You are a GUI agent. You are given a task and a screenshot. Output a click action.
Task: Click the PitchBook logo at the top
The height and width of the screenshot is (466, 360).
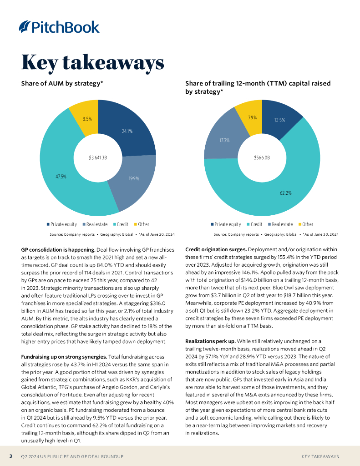(59, 27)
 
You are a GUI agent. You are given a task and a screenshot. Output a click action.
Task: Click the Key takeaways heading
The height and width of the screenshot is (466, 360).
(92, 62)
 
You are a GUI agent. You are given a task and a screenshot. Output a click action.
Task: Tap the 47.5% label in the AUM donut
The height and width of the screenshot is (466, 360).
(61, 176)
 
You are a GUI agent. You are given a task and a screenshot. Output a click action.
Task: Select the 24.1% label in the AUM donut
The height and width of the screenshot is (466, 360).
(127, 131)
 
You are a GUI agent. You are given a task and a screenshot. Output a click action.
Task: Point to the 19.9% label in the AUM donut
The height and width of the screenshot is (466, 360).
(134, 178)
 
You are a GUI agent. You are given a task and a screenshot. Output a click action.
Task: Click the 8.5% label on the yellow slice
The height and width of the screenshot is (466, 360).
(87, 119)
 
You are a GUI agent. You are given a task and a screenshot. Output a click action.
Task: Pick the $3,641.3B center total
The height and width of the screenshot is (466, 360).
(98, 158)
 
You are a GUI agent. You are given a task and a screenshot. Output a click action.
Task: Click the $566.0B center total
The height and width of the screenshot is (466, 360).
(262, 158)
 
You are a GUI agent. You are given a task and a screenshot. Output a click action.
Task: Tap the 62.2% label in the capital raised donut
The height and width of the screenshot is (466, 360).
(285, 193)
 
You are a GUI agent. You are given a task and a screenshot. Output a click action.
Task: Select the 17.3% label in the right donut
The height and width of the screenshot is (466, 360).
(224, 140)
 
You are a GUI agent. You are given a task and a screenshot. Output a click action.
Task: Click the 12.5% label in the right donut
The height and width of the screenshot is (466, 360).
(279, 120)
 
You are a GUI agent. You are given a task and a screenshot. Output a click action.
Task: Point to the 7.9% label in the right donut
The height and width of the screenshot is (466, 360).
(252, 117)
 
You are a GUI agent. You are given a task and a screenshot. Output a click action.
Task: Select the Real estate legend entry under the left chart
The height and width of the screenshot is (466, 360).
(95, 224)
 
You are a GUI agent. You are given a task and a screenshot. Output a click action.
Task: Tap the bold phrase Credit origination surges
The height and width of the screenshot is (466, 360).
(216, 250)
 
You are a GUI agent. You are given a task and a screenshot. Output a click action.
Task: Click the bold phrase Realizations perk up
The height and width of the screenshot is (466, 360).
(210, 341)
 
